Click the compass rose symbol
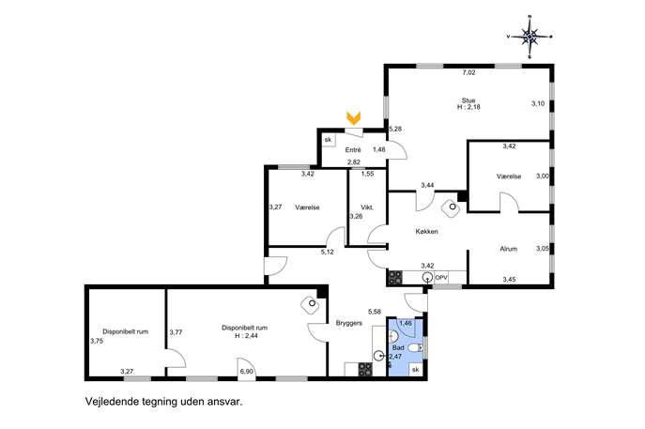pyautogui.click(x=530, y=37)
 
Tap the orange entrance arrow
pyautogui.click(x=354, y=118)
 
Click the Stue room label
pyautogui.click(x=468, y=100)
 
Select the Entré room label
pyautogui.click(x=353, y=150)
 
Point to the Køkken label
pyautogui.click(x=426, y=232)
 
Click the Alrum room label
pyautogui.click(x=509, y=249)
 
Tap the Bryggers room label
pyautogui.click(x=349, y=323)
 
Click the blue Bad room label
pyautogui.click(x=398, y=347)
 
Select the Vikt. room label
pyautogui.click(x=367, y=207)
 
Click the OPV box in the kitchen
pyautogui.click(x=441, y=278)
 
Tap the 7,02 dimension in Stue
pyautogui.click(x=468, y=72)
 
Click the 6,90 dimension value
pyautogui.click(x=246, y=372)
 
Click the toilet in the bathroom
pyautogui.click(x=415, y=348)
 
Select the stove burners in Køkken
pyautogui.click(x=395, y=277)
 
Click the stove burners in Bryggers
pyautogui.click(x=365, y=369)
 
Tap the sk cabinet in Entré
pyautogui.click(x=328, y=140)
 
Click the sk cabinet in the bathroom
pyautogui.click(x=416, y=369)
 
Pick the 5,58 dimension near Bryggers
pyautogui.click(x=375, y=312)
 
